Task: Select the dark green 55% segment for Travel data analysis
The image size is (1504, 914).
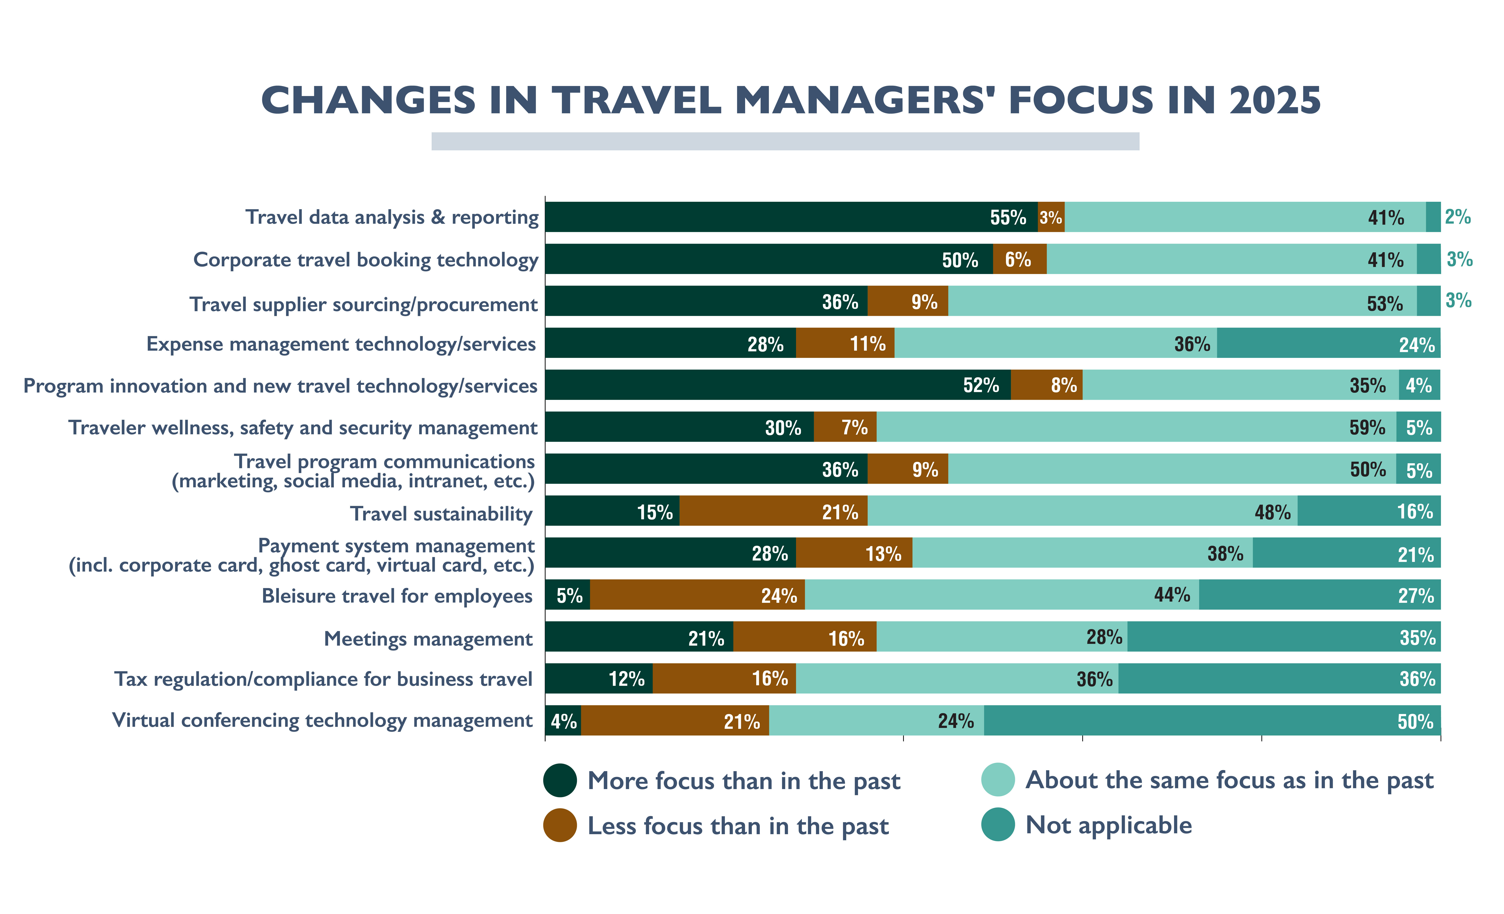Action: point(792,217)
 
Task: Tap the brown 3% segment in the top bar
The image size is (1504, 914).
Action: point(1051,217)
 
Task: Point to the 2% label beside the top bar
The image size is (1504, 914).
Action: point(1458,217)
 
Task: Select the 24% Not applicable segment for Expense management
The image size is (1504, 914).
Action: point(1329,343)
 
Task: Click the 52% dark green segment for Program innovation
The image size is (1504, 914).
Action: point(778,385)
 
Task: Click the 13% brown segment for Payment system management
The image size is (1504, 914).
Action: point(854,553)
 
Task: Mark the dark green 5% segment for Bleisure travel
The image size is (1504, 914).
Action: point(568,595)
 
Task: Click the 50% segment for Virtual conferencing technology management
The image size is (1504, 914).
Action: point(1212,721)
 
